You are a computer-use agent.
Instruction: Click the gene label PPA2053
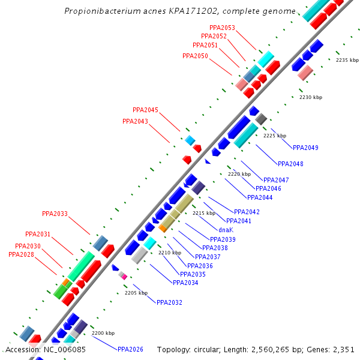[222, 28]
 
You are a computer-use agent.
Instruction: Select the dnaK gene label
[226, 230]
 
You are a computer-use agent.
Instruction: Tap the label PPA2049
[305, 148]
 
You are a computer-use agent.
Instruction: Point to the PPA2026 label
[130, 349]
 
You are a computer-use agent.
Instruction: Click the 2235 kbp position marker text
[347, 60]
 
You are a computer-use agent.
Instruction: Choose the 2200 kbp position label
[103, 333]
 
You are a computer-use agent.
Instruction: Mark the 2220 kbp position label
[239, 174]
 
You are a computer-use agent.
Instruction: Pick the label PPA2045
[145, 110]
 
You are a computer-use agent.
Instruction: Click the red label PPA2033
[55, 214]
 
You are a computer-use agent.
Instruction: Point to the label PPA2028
[21, 254]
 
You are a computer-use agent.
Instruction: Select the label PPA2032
[169, 302]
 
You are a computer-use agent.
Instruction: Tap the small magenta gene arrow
[124, 277]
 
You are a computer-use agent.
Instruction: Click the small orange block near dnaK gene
[163, 228]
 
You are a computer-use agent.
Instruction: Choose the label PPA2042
[247, 212]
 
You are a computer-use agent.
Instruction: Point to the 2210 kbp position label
[169, 253]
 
